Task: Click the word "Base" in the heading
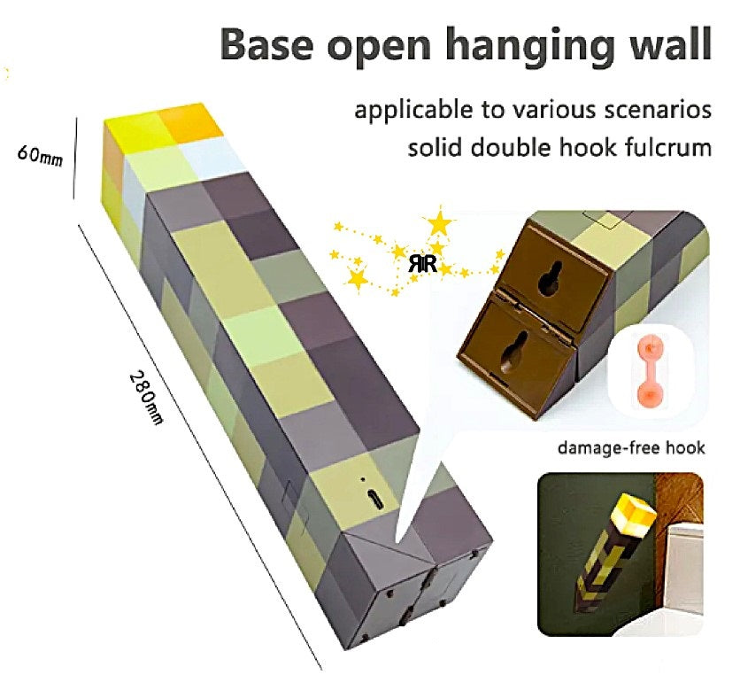(267, 43)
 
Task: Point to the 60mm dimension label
(41, 156)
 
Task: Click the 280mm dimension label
(146, 398)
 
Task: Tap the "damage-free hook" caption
(631, 447)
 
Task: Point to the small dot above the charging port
(362, 479)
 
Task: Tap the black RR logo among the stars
(422, 264)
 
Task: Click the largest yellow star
(439, 224)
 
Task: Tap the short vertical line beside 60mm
(75, 159)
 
